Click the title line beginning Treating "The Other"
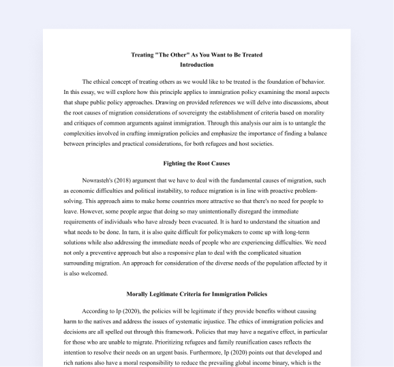coord(196,54)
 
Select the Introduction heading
coord(196,65)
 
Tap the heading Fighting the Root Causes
coord(196,163)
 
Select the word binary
coord(278,364)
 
